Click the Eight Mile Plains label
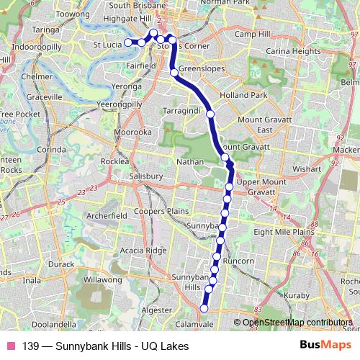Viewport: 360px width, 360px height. point(284,232)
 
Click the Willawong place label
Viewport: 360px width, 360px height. point(104,279)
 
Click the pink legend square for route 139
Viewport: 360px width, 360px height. point(11,346)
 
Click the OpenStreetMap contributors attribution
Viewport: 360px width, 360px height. point(297,323)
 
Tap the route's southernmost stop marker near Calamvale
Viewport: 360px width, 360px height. point(204,308)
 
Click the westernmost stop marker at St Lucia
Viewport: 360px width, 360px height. point(129,42)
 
